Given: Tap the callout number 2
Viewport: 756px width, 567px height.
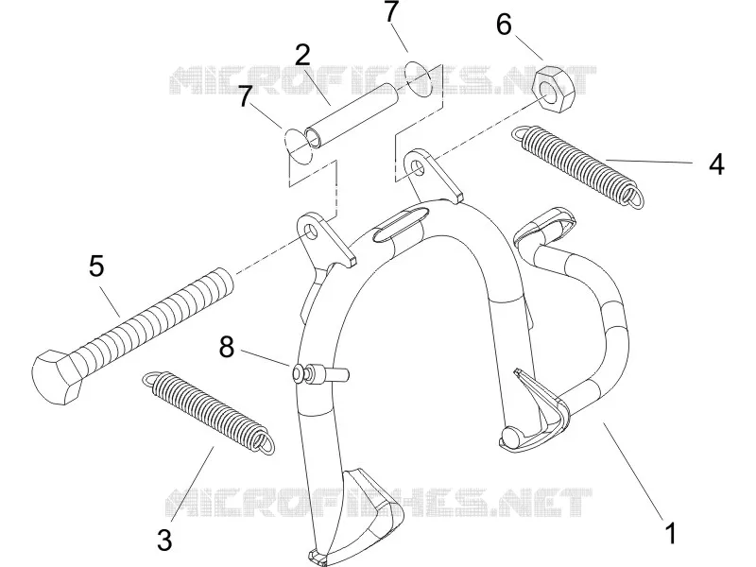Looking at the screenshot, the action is coord(302,56).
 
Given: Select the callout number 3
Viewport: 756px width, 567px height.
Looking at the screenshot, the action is coord(164,540).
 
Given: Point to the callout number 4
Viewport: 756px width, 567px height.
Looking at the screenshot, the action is coord(716,163).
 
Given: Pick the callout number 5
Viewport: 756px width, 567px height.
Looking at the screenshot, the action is coord(96,266).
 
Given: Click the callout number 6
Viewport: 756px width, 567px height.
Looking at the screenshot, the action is coord(504,25).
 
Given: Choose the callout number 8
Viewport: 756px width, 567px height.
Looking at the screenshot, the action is coord(227,347).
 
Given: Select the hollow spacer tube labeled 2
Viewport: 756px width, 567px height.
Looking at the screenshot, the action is coord(352,115).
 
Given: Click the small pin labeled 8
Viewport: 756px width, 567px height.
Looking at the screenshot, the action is coord(319,373).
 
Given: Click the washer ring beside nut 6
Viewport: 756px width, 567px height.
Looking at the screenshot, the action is coord(419,78).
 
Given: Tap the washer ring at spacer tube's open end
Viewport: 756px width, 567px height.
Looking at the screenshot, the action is coord(299,146).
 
